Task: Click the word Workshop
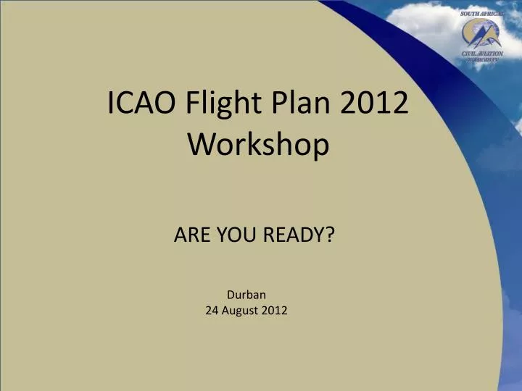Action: (x=259, y=145)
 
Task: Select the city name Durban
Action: (x=246, y=295)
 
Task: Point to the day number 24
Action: (x=212, y=311)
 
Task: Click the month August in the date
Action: (x=241, y=311)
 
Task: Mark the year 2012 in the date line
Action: (x=275, y=311)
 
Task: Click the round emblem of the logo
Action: (x=481, y=33)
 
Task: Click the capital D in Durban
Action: (x=230, y=295)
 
